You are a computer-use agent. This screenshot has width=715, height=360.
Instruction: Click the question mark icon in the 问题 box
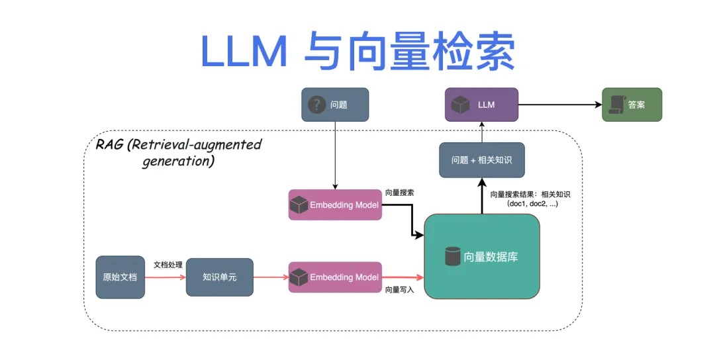pos(317,105)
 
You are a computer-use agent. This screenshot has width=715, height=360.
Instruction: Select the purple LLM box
pos(481,105)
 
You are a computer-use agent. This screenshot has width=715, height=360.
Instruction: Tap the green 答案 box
pos(632,105)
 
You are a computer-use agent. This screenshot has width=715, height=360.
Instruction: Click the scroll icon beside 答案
pos(616,105)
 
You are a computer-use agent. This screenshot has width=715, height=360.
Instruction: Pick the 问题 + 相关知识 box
pos(481,160)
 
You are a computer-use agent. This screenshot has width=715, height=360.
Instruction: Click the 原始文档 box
pos(120,277)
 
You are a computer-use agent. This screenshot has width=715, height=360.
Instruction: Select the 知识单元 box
pos(219,277)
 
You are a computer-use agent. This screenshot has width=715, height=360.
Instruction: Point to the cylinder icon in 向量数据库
pos(453,256)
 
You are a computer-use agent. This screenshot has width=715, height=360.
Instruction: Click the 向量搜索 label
pos(400,193)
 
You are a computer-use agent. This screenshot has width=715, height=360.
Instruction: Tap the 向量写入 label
pos(399,289)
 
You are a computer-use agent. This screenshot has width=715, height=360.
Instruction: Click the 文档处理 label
pos(167,264)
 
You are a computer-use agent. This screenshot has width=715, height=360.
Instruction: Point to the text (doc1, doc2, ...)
pos(532,204)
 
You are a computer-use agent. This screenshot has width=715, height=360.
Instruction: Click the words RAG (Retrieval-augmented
pos(179,145)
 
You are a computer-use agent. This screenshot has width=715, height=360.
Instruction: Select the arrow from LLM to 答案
pos(559,105)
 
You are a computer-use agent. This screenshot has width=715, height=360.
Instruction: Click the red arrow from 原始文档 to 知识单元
pos(165,277)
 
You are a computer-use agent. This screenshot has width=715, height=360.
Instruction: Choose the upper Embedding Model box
pos(335,205)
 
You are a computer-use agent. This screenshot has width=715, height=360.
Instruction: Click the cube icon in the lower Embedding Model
pos(299,277)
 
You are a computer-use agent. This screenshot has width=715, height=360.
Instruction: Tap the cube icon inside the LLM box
pos(460,105)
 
